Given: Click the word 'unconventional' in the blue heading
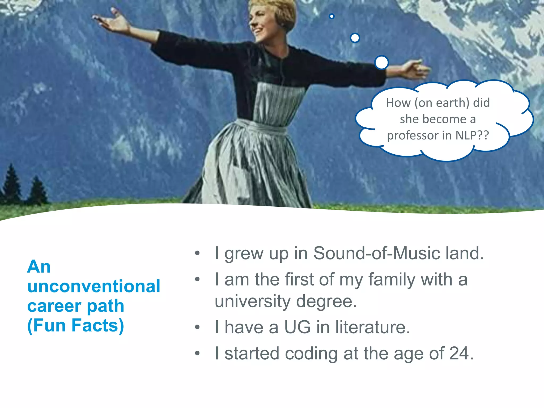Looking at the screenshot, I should click(x=94, y=286).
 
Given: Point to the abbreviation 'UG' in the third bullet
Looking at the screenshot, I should click(x=297, y=327).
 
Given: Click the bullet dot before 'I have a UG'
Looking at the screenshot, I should click(x=197, y=327).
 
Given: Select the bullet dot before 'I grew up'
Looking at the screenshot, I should click(x=197, y=253).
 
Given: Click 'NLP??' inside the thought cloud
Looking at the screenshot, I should click(x=472, y=135).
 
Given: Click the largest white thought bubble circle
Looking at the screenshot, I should click(x=382, y=63).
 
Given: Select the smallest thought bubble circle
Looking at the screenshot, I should click(x=331, y=16).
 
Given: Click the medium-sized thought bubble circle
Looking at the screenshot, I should click(x=355, y=38).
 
